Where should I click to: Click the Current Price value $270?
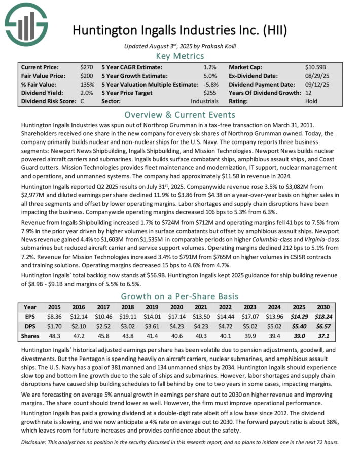pyautogui.click(x=86, y=67)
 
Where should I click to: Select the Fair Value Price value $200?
pyautogui.click(x=86, y=76)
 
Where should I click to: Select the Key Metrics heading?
pyautogui.click(x=179, y=56)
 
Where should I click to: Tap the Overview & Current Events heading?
pyautogui.click(x=179, y=114)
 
